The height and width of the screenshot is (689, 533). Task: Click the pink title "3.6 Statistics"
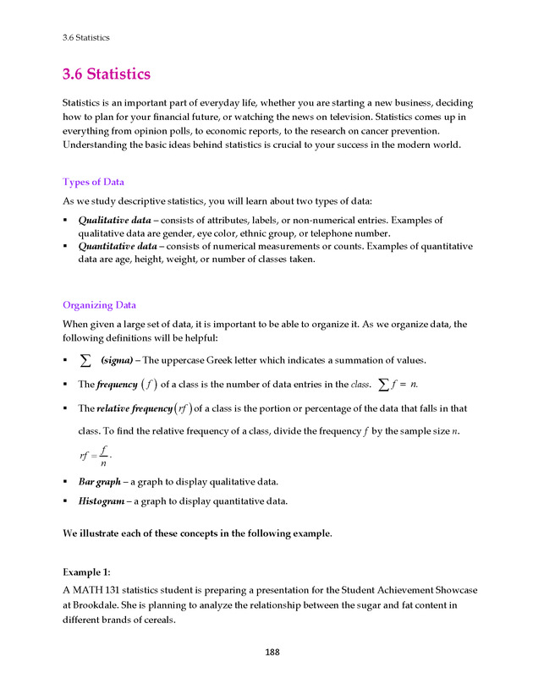pos(107,74)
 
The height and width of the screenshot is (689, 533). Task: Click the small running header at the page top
pos(86,37)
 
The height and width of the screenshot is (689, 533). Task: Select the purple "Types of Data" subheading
pos(94,182)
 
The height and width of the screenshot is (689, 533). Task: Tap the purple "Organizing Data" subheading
pos(99,305)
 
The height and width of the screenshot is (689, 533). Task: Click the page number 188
pos(272,652)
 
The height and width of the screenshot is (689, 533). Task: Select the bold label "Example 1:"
pos(87,571)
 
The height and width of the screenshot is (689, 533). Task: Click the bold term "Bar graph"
pos(100,482)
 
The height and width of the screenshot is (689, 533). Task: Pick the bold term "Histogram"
pos(102,500)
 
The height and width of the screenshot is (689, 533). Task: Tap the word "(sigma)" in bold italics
pos(117,360)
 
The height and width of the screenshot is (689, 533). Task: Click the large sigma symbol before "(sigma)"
pos(85,360)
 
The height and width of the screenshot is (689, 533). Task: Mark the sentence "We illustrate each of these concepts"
pos(197,533)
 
